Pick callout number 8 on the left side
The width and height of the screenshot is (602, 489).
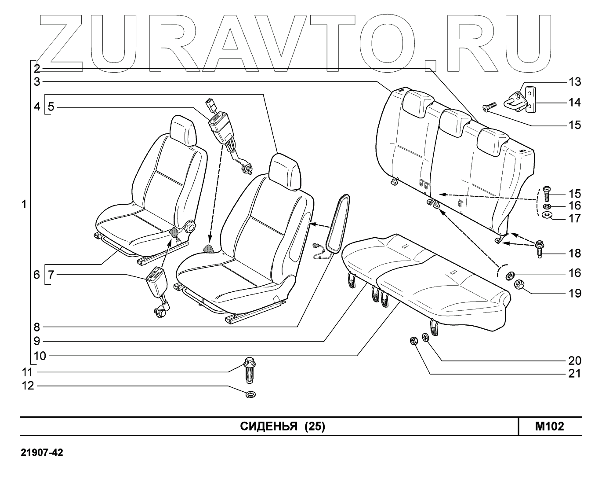tap(37, 327)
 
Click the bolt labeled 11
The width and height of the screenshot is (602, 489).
tap(249, 371)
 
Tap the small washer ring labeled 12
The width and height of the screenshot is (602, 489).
tap(251, 393)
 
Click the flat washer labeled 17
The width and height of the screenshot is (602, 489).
tap(547, 215)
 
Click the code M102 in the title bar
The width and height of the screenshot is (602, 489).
tap(549, 426)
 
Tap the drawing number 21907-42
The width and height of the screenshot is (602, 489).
tap(42, 452)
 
